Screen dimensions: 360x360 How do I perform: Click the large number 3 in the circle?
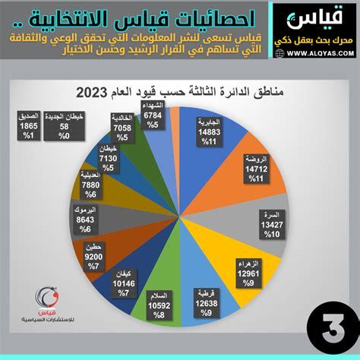click(x=329, y=331)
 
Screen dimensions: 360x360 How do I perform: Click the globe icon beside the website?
click(x=280, y=54)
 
